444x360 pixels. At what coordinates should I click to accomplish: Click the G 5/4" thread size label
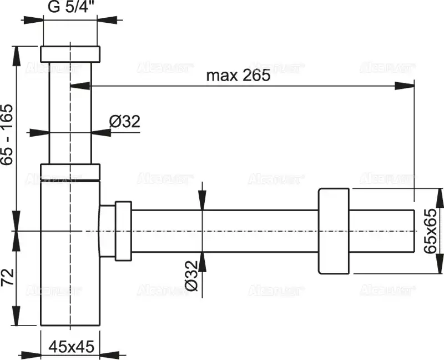(x=70, y=8)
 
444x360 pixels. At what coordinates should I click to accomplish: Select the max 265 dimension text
(x=238, y=76)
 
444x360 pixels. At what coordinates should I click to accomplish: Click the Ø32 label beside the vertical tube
(x=124, y=121)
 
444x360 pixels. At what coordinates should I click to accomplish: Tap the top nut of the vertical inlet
(x=70, y=53)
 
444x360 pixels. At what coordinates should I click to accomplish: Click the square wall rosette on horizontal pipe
(x=334, y=231)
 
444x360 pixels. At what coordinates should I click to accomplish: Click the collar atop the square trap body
(x=70, y=172)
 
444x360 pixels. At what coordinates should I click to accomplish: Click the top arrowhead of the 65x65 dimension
(x=439, y=197)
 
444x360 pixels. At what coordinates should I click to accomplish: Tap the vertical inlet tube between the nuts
(x=70, y=111)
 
